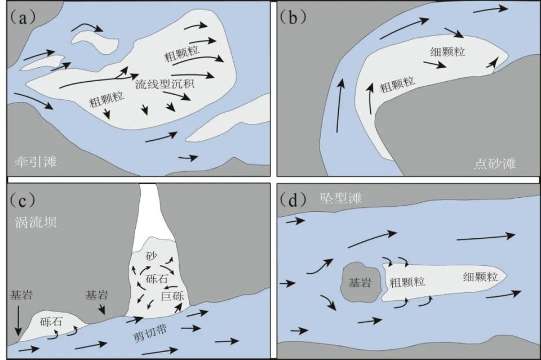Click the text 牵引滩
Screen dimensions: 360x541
click(35, 163)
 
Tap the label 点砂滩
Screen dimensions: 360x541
click(495, 164)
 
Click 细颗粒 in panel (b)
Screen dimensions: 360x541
click(447, 51)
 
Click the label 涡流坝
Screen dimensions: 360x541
click(34, 221)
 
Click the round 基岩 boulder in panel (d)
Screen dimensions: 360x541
click(360, 283)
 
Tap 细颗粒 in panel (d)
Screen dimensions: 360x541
click(480, 277)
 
